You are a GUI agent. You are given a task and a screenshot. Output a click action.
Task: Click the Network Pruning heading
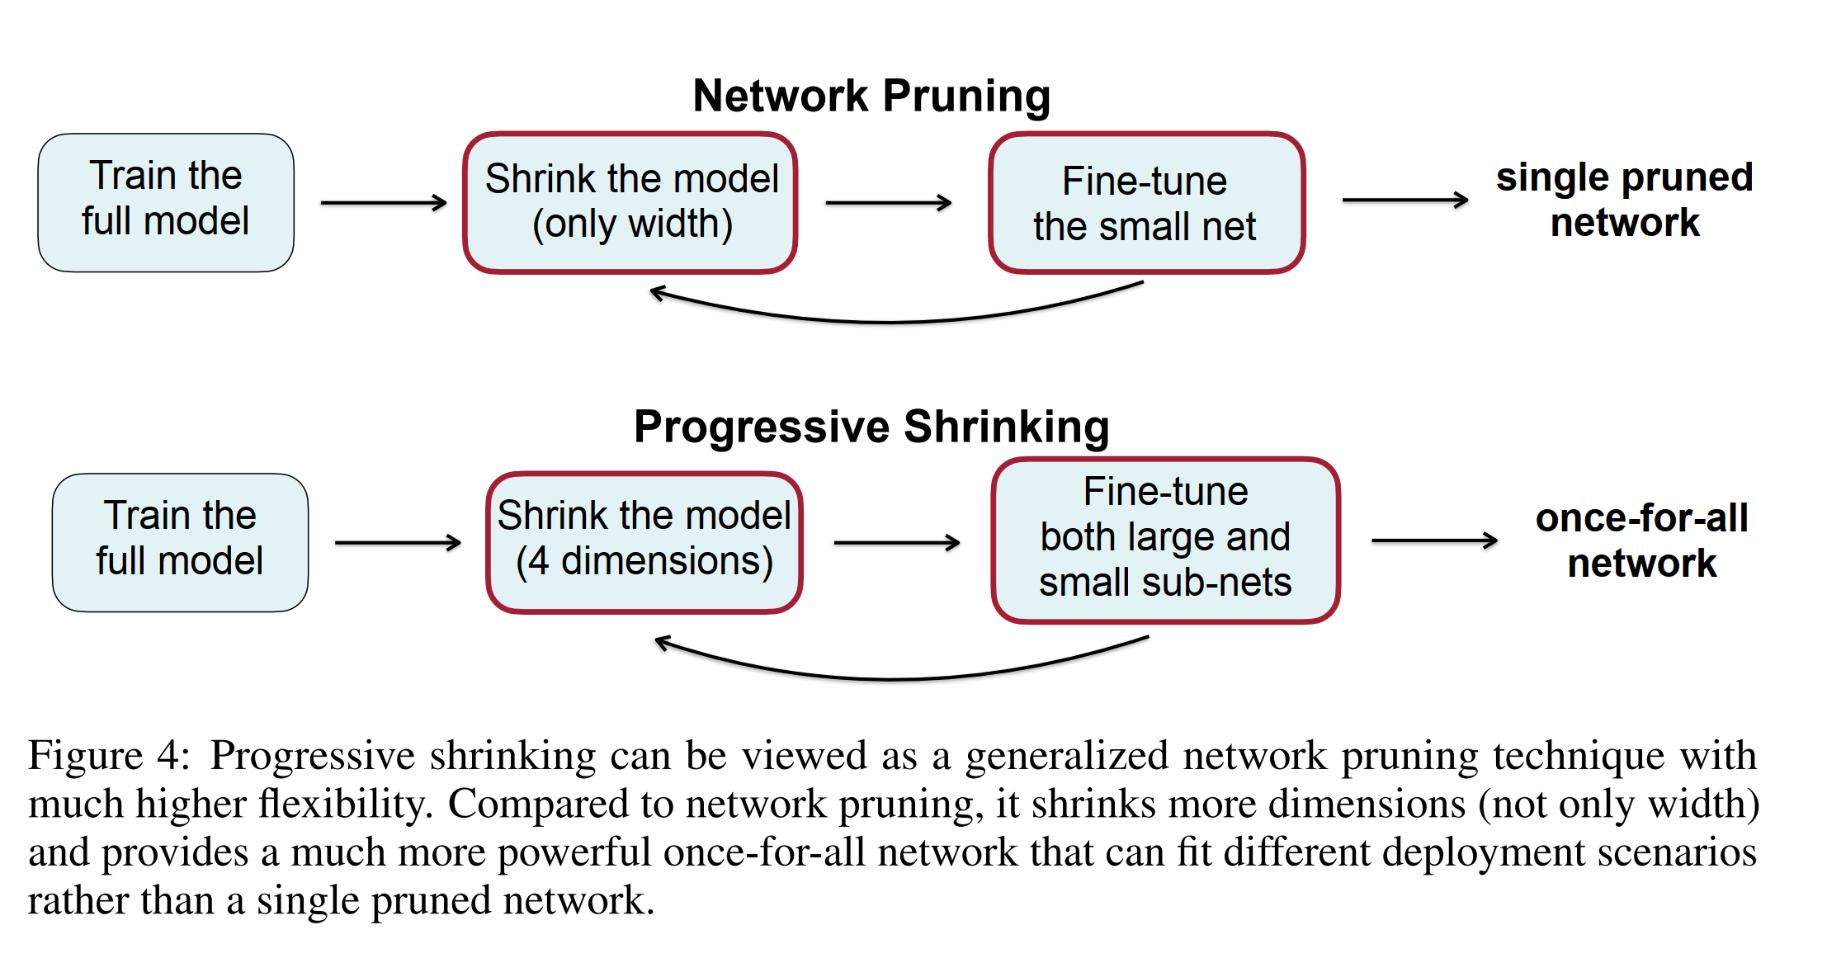tap(871, 97)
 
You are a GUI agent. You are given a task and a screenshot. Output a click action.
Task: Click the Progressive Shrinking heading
tap(871, 427)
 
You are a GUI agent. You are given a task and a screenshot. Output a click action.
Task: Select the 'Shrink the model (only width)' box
tap(630, 202)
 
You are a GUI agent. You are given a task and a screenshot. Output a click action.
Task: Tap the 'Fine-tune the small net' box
tap(1146, 202)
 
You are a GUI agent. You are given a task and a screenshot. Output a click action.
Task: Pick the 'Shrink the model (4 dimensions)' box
tap(644, 542)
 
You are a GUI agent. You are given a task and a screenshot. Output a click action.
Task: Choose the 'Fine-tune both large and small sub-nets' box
tap(1166, 540)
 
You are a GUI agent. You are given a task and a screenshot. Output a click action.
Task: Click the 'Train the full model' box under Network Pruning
tap(166, 202)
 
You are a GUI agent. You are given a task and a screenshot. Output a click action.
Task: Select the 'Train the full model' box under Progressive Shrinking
tap(180, 542)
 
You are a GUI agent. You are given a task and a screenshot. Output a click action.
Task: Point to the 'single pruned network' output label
tap(1624, 200)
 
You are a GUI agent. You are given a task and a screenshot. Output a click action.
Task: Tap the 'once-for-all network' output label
tap(1641, 540)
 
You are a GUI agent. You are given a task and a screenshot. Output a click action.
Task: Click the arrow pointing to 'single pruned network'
tap(1405, 200)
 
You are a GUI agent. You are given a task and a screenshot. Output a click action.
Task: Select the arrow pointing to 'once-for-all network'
tap(1434, 540)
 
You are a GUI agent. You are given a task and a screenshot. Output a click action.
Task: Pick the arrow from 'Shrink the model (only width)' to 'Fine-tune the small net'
tap(889, 202)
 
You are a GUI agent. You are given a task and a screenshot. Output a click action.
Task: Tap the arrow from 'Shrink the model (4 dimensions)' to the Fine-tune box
tap(897, 542)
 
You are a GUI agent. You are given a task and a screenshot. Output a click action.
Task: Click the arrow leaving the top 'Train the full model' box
tap(384, 202)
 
